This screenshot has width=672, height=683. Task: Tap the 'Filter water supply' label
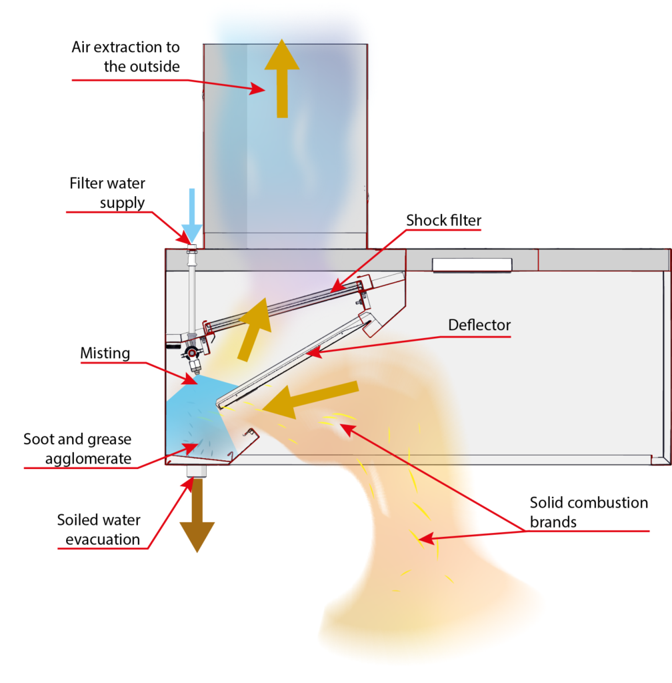click(107, 192)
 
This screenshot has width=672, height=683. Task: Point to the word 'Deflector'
click(479, 325)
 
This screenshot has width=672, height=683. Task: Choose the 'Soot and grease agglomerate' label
click(77, 449)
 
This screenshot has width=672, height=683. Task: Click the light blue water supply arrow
click(191, 215)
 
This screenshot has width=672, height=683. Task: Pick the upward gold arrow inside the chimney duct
click(282, 77)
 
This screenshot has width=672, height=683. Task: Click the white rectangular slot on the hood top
click(472, 265)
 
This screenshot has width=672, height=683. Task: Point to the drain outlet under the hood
click(196, 470)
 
